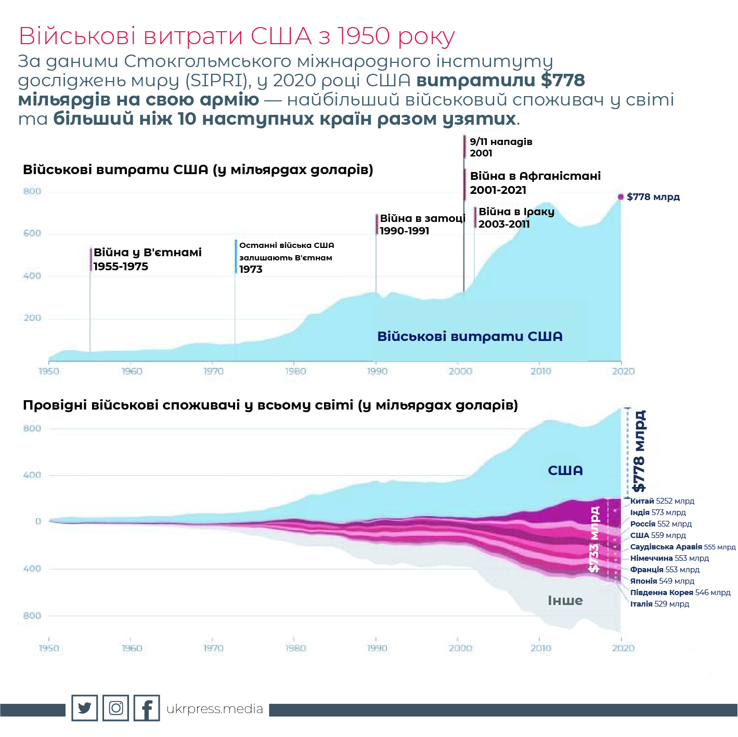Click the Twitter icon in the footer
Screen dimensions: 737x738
click(x=84, y=708)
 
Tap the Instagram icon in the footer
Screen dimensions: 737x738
click(x=115, y=708)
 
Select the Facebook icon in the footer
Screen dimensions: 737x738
click(x=147, y=708)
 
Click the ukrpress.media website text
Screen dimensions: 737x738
click(x=215, y=709)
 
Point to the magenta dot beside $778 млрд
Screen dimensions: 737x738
click(x=620, y=196)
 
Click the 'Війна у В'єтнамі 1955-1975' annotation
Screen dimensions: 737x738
click(x=147, y=259)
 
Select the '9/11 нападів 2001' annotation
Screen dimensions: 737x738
click(x=500, y=147)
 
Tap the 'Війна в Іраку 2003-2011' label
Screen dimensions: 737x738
click(x=516, y=218)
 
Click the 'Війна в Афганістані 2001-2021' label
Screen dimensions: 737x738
click(x=535, y=183)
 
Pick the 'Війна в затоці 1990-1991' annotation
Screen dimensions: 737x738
click(x=422, y=225)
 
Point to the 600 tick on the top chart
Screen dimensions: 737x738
click(x=32, y=233)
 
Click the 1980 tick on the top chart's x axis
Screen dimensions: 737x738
click(x=295, y=371)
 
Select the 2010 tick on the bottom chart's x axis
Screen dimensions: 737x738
click(x=541, y=648)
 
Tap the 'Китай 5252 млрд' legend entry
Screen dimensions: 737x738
click(x=662, y=501)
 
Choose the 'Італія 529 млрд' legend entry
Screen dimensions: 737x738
click(x=659, y=604)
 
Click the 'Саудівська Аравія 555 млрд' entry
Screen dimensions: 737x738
click(x=682, y=547)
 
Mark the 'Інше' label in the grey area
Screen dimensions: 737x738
click(x=565, y=600)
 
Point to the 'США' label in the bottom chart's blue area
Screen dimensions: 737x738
click(x=565, y=470)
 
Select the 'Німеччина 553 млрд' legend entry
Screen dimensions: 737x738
click(x=669, y=558)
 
